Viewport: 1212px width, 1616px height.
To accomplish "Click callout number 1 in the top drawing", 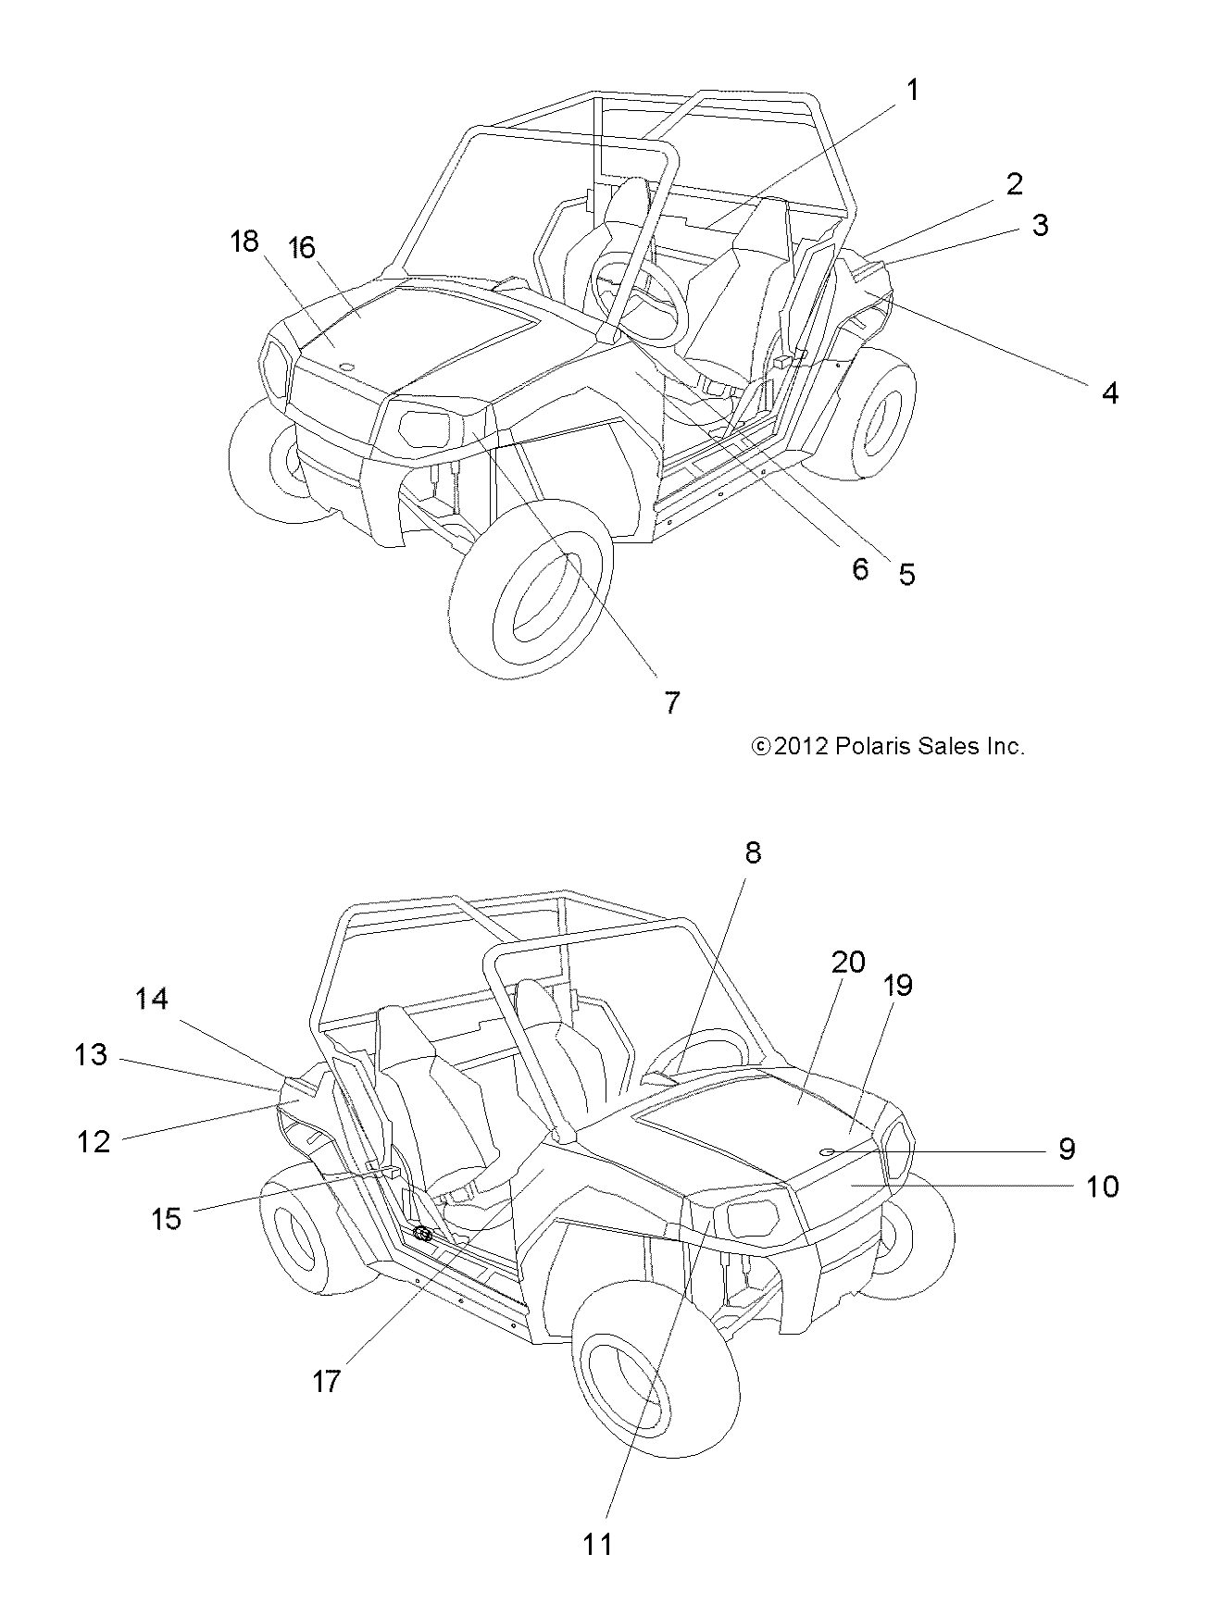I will (x=912, y=91).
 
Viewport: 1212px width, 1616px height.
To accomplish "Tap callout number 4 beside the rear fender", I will (x=1109, y=393).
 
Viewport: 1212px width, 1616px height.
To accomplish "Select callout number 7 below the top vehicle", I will (x=672, y=702).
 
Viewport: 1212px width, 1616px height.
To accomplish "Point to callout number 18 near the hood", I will (x=244, y=242).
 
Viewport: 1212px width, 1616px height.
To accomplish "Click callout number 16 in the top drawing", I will (x=301, y=248).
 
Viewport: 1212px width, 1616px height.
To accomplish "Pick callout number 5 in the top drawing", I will (x=906, y=574).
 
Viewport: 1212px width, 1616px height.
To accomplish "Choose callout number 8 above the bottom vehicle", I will (x=752, y=852).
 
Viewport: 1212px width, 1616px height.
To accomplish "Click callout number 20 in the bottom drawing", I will (x=848, y=963).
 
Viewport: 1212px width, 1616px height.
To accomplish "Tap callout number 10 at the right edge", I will (x=1102, y=1186).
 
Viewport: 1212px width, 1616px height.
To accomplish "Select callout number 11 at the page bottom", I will (x=597, y=1544).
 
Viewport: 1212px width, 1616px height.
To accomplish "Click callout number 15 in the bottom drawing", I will (x=167, y=1219).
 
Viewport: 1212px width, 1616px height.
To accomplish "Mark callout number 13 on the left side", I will (x=92, y=1054).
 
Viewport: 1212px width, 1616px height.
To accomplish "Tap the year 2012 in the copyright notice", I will (x=801, y=747).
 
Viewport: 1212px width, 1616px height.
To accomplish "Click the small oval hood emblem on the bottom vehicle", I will (x=827, y=1150).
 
